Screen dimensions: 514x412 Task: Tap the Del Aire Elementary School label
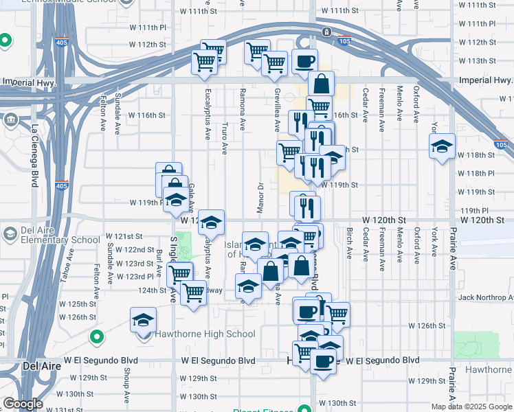coord(60,235)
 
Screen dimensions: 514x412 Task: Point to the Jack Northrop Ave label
coord(485,297)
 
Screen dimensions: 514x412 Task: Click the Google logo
coord(22,404)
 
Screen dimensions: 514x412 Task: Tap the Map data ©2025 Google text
coord(472,407)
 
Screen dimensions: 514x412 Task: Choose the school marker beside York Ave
coord(443,146)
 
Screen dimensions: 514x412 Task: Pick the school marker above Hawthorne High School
coord(143,320)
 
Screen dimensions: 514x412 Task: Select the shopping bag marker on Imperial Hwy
coord(322,85)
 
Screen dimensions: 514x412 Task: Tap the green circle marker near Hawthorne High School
coord(97,338)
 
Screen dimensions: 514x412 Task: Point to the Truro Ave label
coord(225,138)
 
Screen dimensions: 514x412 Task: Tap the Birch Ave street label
coord(349,244)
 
